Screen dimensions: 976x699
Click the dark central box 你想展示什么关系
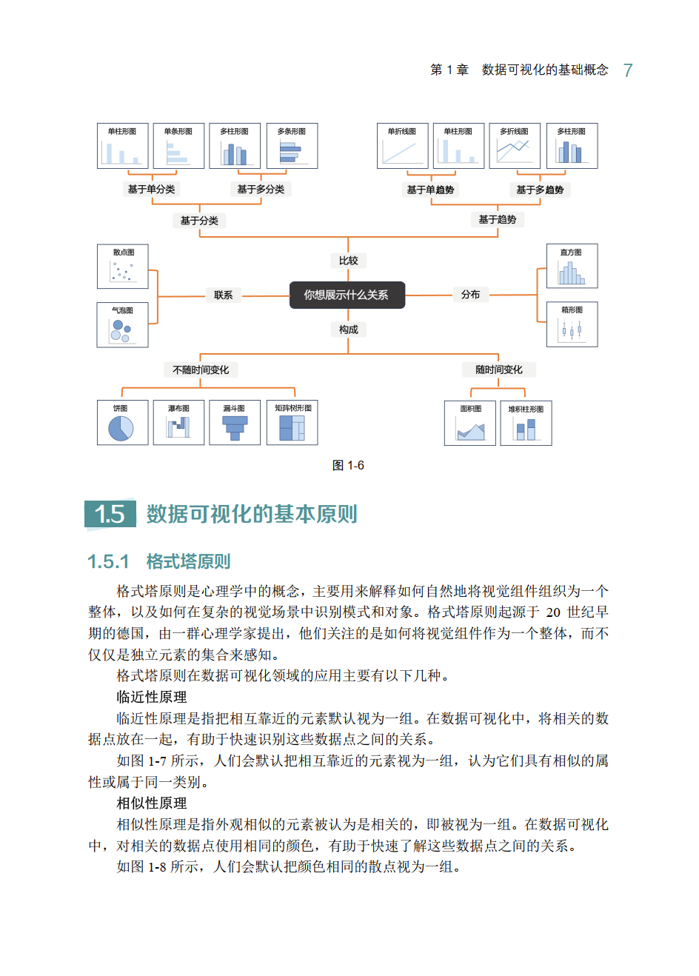pos(347,295)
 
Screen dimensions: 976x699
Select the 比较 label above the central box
pos(348,261)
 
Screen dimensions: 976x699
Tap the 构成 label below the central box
pos(348,330)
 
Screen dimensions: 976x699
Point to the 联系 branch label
pos(223,295)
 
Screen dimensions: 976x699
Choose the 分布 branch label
pos(470,295)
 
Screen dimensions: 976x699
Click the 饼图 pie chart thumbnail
pos(122,423)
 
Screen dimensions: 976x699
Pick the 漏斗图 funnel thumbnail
pos(235,423)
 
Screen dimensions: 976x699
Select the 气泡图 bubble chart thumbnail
pos(122,324)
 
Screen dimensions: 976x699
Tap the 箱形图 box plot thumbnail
pos(572,324)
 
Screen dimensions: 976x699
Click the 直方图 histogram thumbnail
pos(572,267)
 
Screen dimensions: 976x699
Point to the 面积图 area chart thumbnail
pos(470,423)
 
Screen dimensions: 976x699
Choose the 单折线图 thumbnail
pos(402,146)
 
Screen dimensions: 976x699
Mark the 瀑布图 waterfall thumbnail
pos(178,423)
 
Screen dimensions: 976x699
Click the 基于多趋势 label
pos(540,190)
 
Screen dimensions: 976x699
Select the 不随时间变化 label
pos(201,370)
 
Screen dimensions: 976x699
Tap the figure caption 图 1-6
pos(348,465)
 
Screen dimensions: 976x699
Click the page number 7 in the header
pos(628,70)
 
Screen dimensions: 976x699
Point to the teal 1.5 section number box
pos(110,513)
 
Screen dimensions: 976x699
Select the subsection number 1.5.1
pos(108,561)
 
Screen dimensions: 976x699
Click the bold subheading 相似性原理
pos(152,803)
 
